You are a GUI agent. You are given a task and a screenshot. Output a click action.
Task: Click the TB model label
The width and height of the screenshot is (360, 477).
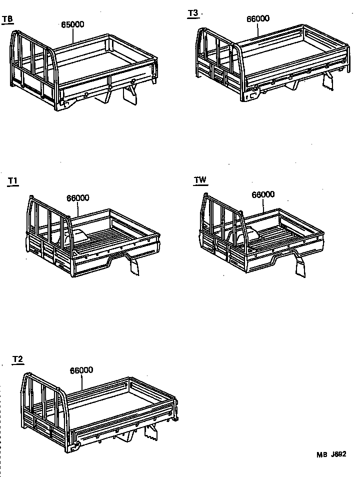click(7, 19)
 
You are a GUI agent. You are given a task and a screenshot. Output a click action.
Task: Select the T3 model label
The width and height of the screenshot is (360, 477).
click(193, 13)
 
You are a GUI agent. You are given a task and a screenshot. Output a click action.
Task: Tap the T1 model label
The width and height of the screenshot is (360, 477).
click(12, 181)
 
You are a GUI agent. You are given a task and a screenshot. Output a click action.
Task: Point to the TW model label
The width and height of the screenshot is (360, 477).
click(200, 180)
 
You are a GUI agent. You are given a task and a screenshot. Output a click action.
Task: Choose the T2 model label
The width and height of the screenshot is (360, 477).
click(17, 359)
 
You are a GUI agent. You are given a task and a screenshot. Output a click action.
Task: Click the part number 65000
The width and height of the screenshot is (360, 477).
click(72, 24)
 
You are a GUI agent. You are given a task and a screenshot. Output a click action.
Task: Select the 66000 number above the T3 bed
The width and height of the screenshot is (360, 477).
click(258, 19)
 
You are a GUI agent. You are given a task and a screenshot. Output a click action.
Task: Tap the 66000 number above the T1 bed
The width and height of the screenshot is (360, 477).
click(77, 197)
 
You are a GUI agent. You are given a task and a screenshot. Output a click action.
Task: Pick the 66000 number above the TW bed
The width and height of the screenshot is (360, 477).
click(263, 194)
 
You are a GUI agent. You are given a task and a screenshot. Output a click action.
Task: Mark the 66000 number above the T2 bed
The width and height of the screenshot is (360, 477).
click(81, 370)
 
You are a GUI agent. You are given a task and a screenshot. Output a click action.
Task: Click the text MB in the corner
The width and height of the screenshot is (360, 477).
click(321, 454)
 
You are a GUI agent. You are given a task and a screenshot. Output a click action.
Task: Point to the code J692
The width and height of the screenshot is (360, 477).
click(338, 454)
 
